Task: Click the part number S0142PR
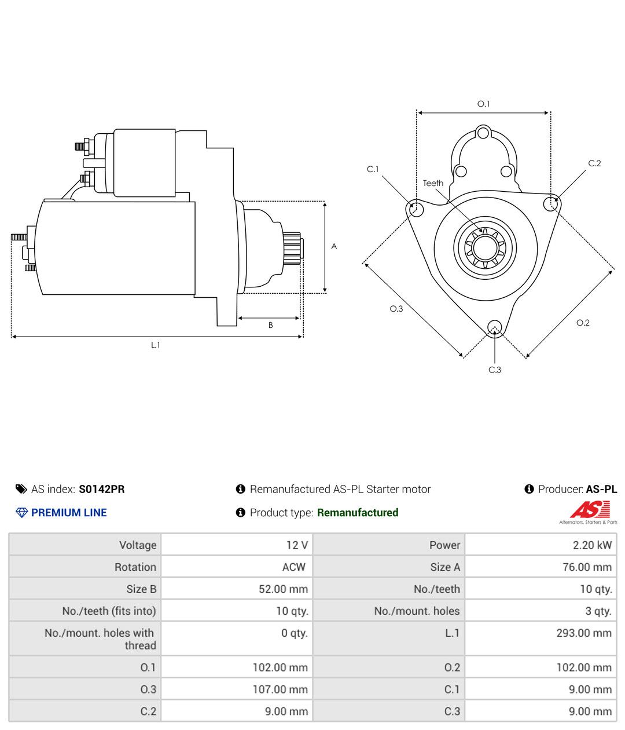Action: [102, 489]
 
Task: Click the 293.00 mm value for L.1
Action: [584, 633]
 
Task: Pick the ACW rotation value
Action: [294, 567]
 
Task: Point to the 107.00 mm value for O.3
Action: [281, 689]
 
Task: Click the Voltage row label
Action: [138, 545]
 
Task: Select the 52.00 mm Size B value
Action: [284, 589]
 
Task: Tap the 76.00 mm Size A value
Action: [587, 567]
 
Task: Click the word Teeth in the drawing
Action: [433, 183]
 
